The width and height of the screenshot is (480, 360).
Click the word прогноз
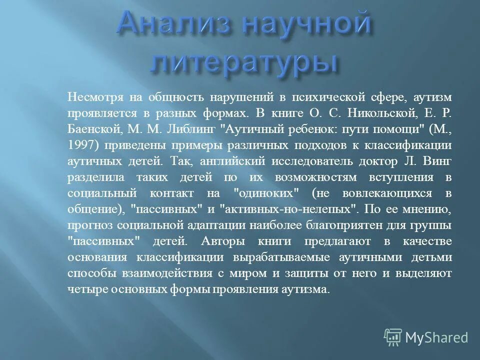pyautogui.click(x=86, y=226)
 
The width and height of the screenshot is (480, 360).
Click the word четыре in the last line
pyautogui.click(x=82, y=290)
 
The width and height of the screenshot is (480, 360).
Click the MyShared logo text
pyautogui.click(x=436, y=337)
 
